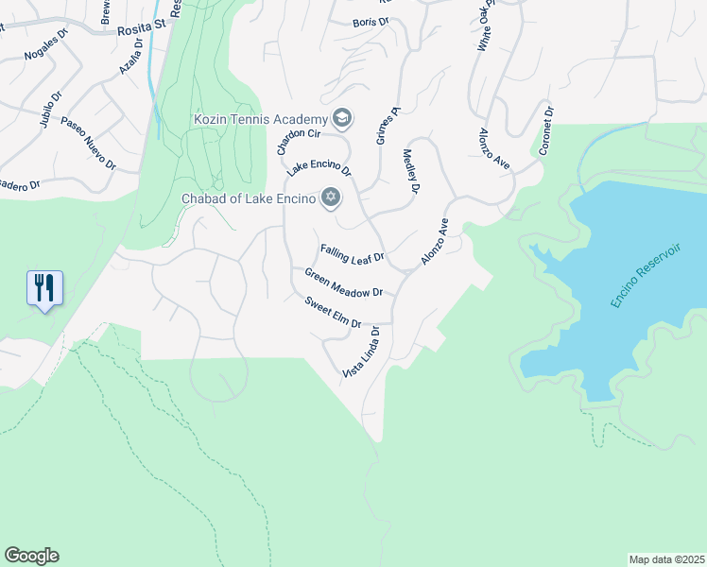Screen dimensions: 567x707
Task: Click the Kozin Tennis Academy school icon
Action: click(342, 118)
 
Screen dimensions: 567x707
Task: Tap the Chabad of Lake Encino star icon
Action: click(330, 198)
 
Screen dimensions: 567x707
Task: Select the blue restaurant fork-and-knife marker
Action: click(44, 287)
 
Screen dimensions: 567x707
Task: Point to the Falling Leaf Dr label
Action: click(352, 253)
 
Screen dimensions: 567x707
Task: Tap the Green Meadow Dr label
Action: click(342, 282)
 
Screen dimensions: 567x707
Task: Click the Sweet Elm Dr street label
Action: click(333, 312)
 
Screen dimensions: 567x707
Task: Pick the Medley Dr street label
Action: click(411, 171)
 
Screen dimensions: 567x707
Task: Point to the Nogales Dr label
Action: click(47, 43)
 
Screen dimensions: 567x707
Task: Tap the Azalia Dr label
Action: click(130, 56)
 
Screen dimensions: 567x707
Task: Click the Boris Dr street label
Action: click(370, 22)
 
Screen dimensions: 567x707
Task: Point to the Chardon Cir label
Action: click(287, 137)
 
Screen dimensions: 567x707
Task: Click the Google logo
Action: click(31, 556)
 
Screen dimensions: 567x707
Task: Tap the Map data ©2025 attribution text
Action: click(665, 559)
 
